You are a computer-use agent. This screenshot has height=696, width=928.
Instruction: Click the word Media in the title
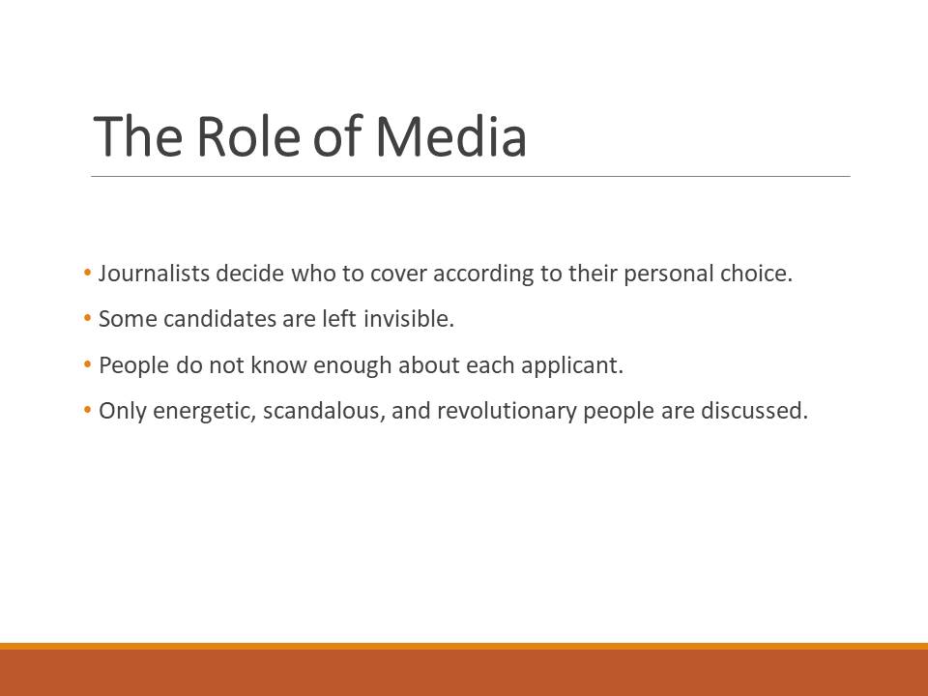pos(451,136)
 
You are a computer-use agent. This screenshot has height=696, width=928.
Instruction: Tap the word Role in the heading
pos(249,136)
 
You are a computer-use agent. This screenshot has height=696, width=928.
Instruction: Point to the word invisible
pos(408,318)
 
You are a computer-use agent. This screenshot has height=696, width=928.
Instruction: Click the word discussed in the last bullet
pos(755,411)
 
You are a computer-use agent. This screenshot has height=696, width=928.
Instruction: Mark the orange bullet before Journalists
pos(88,273)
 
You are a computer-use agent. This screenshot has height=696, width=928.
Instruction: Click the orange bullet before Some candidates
pos(88,318)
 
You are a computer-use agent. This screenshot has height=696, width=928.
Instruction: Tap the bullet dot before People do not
pos(88,364)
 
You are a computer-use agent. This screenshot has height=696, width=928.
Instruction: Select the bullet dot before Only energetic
pos(88,410)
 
